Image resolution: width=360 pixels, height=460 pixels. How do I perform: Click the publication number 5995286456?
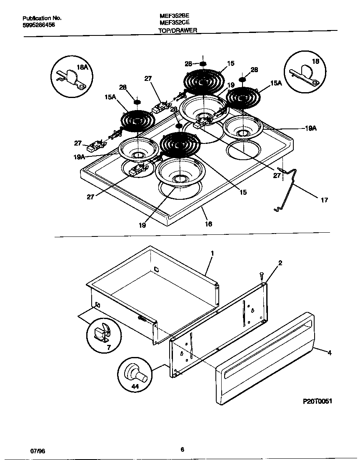(x=38, y=25)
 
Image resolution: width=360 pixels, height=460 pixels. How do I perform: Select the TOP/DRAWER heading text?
(x=178, y=30)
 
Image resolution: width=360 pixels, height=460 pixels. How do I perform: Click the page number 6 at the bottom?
(x=182, y=449)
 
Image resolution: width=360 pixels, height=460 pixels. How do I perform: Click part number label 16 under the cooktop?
(x=208, y=224)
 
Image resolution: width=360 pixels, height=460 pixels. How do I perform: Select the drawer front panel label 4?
(x=329, y=353)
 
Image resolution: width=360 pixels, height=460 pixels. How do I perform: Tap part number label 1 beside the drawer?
(x=212, y=253)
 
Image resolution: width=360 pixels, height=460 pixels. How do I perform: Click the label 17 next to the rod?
(x=324, y=200)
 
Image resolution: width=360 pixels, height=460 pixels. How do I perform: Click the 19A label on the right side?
(x=310, y=128)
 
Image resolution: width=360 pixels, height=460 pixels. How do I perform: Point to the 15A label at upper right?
(x=276, y=83)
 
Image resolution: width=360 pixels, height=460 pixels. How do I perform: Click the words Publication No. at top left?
(x=42, y=18)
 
